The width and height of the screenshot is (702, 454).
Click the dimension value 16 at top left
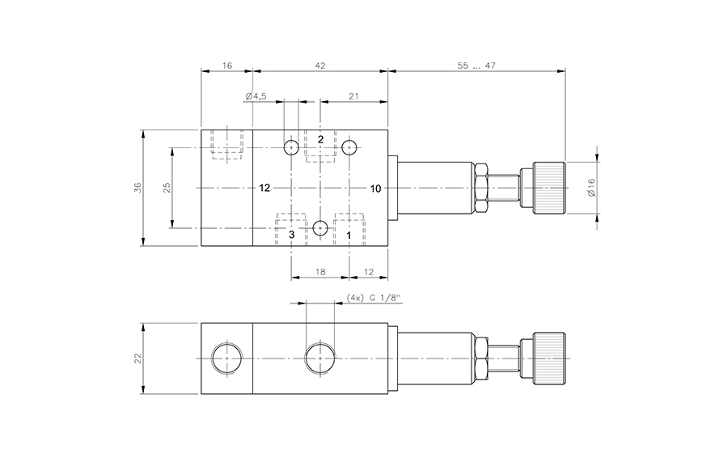pos(226,65)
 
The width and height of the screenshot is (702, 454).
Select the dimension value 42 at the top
pos(320,65)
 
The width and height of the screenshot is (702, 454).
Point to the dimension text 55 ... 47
pos(476,65)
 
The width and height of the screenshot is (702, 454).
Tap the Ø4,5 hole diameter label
pos(256,96)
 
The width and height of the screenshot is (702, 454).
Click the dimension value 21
pos(353,96)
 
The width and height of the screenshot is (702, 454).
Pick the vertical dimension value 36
pos(137,187)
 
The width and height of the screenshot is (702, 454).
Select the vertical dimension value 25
pos(167,187)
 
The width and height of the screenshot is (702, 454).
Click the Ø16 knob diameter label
pos(591,188)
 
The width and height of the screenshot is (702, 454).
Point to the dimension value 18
pos(320,273)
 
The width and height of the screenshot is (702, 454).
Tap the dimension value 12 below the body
pos(369,273)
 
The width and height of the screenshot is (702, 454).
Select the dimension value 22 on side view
pos(137,359)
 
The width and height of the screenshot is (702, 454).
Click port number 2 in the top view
pos(320,139)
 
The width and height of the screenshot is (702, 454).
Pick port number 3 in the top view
pos(292,234)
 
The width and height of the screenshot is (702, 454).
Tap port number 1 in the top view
pos(349,234)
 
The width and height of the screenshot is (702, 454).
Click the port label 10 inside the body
pos(375,189)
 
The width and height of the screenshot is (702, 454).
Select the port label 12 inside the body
pos(264,189)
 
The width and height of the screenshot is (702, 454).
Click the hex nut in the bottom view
pos(480,359)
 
